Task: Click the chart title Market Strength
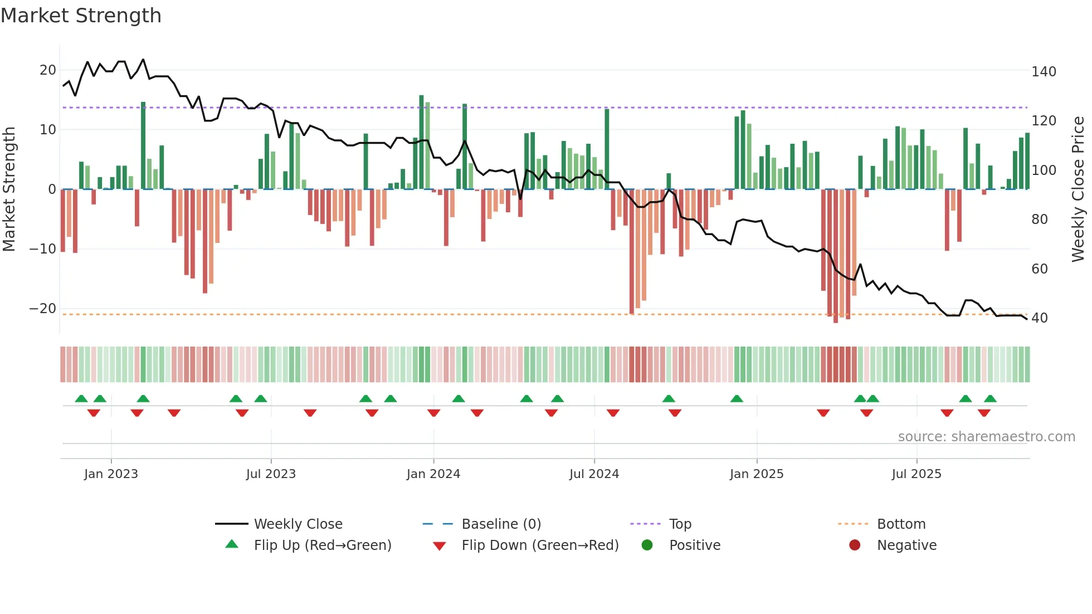(x=81, y=16)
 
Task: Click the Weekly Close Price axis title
(x=1078, y=189)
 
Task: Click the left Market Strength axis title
(x=9, y=189)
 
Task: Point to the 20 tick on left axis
(x=48, y=70)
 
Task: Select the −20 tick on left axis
(x=43, y=309)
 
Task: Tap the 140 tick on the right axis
(x=1044, y=72)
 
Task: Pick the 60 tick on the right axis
(x=1040, y=269)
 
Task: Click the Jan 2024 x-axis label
(x=433, y=474)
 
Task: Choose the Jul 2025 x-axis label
(x=916, y=474)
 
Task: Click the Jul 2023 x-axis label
(x=271, y=474)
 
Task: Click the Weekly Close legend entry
(x=298, y=524)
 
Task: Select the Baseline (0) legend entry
(x=501, y=524)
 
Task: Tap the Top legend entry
(x=680, y=524)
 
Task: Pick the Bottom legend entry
(x=901, y=524)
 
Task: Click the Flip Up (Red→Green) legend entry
(x=322, y=545)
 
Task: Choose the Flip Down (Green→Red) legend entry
(x=540, y=545)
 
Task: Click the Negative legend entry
(x=906, y=545)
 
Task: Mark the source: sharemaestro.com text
(x=986, y=437)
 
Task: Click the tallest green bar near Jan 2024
(x=421, y=142)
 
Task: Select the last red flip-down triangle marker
(x=984, y=413)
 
